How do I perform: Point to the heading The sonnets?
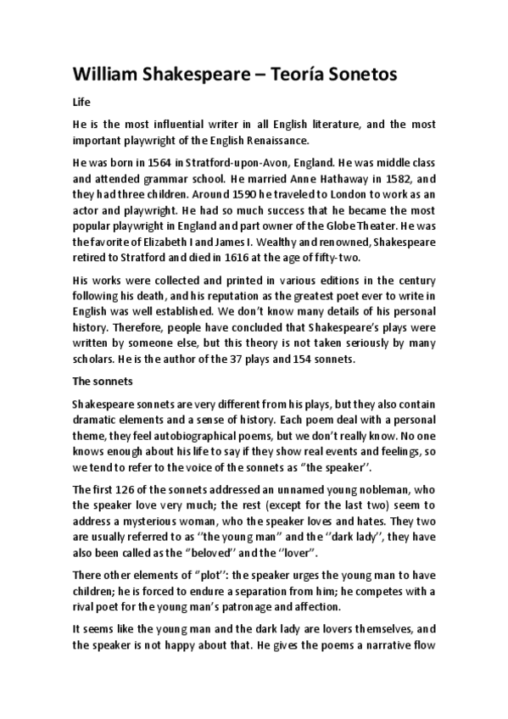98,382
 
